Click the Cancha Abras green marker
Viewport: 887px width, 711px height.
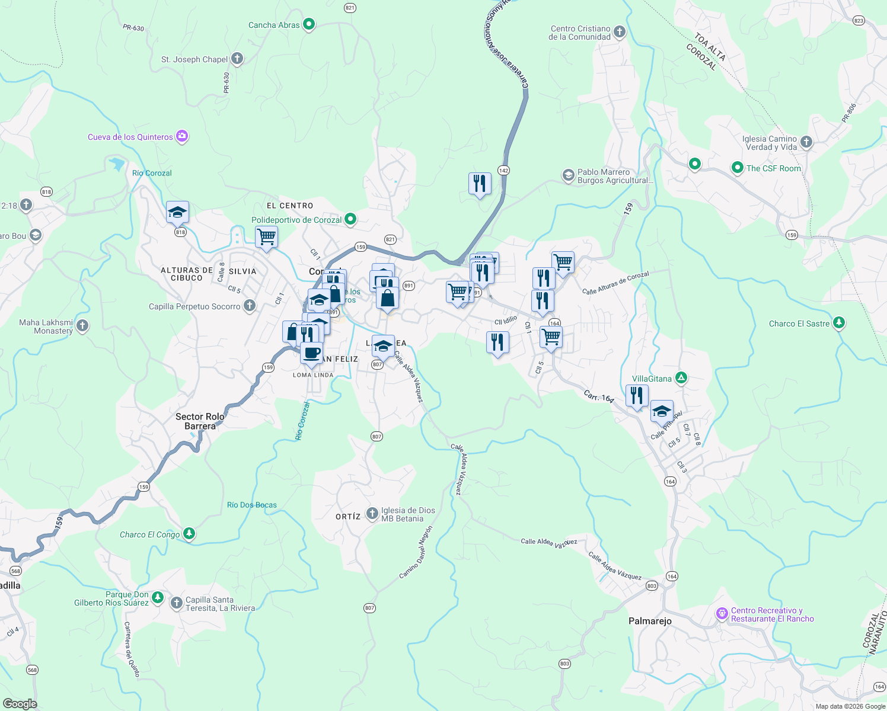pyautogui.click(x=308, y=24)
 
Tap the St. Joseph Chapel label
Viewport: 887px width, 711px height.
pyautogui.click(x=194, y=59)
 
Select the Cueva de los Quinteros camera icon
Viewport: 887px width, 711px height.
pyautogui.click(x=182, y=136)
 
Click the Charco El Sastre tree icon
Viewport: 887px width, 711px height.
pyautogui.click(x=838, y=323)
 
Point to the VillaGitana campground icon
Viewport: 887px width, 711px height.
pyautogui.click(x=682, y=377)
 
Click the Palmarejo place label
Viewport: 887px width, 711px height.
pyautogui.click(x=650, y=621)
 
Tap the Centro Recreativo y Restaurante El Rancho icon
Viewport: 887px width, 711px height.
pyautogui.click(x=722, y=614)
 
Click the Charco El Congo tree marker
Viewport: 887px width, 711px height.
pyautogui.click(x=189, y=534)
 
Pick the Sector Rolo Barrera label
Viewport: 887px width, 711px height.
pyautogui.click(x=200, y=421)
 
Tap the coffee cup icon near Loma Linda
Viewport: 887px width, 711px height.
pyautogui.click(x=311, y=353)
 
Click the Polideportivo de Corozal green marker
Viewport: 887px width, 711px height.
pyautogui.click(x=350, y=219)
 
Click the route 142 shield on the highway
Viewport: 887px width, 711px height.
pyautogui.click(x=503, y=171)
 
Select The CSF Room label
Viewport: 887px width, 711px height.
pyautogui.click(x=773, y=168)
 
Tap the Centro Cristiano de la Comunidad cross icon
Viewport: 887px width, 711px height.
pyautogui.click(x=619, y=32)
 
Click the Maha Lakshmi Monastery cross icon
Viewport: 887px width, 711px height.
pyautogui.click(x=82, y=325)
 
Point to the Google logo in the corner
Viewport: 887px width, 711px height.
pyautogui.click(x=20, y=703)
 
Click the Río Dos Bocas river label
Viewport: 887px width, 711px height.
pyautogui.click(x=251, y=505)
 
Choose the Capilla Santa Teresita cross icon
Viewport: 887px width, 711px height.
pyautogui.click(x=176, y=603)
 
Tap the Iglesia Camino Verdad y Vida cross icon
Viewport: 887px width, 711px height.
pyautogui.click(x=806, y=142)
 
